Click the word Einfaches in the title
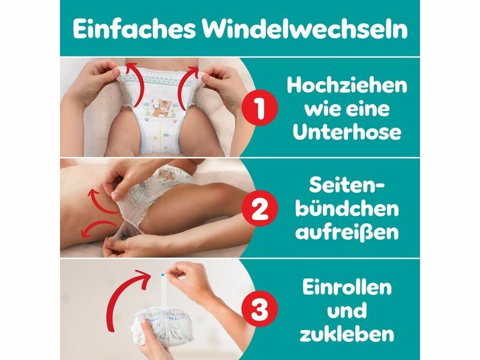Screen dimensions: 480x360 pos(134,29)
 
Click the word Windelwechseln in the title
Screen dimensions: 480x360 pos(305,29)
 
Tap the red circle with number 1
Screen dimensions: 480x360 pos(260,108)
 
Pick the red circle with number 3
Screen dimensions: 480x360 pos(260,308)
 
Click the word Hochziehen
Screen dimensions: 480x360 pos(347,85)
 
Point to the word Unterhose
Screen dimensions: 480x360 pos(347,131)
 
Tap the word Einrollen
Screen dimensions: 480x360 pos(347,287)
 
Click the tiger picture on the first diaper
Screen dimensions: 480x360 pos(161,108)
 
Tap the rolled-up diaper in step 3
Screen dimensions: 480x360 pos(161,326)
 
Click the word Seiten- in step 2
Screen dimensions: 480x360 pos(347,185)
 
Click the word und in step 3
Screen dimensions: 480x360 pos(347,310)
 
